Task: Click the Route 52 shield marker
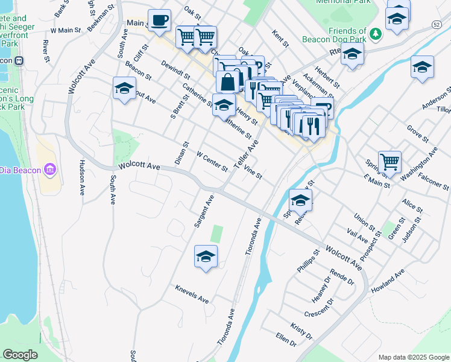pos(435,23)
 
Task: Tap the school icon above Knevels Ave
pos(206,256)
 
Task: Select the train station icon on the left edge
pos(19,60)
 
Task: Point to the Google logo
pos(20,355)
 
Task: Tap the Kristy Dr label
pos(301,331)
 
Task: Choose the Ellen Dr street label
pos(286,339)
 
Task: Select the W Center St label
pos(212,160)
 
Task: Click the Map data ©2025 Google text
pos(413,357)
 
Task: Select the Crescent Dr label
pos(319,308)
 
